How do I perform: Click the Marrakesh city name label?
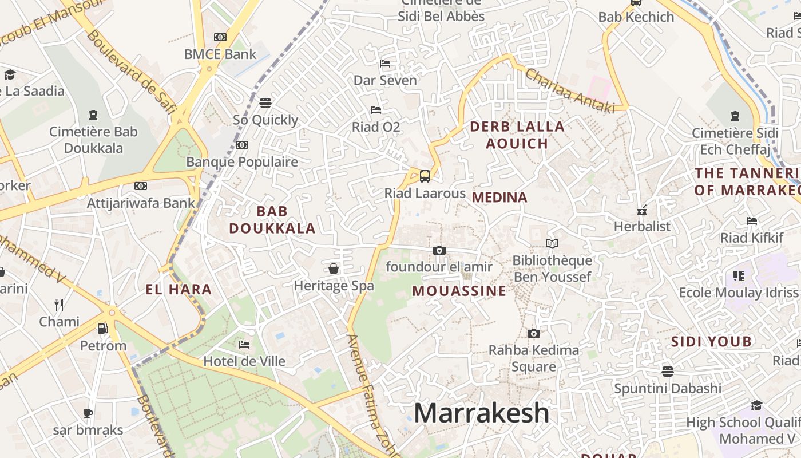481,413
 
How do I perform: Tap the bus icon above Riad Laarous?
425,176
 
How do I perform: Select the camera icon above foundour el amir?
439,250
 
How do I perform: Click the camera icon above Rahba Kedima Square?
533,333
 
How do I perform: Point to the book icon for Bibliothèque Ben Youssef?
552,243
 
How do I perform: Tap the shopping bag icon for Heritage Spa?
334,269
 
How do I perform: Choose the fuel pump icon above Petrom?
103,329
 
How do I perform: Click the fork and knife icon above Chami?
59,305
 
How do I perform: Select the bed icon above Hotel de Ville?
244,345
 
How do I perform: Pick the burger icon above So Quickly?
265,103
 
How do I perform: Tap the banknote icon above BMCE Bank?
220,37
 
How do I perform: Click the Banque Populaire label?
242,162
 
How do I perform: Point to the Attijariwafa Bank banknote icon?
141,186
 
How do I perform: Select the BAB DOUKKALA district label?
272,220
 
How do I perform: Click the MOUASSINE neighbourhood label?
459,291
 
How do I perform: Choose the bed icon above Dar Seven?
385,64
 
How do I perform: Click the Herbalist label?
642,226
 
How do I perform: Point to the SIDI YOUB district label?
711,342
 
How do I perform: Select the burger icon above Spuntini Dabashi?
668,372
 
